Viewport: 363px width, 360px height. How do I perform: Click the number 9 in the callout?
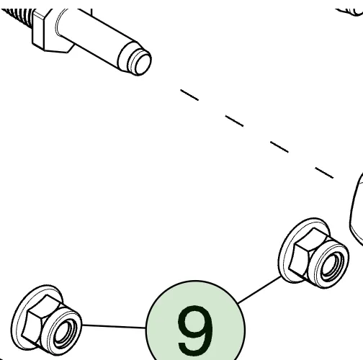(x=195, y=330)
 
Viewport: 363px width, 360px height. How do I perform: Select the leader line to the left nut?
(x=114, y=326)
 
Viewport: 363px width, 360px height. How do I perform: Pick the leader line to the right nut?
(x=259, y=289)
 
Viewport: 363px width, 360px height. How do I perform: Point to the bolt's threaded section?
(x=17, y=16)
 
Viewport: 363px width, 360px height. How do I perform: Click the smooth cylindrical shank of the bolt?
(x=95, y=38)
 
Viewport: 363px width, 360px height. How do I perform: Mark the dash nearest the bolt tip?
(x=189, y=95)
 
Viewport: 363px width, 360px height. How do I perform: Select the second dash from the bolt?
(x=234, y=121)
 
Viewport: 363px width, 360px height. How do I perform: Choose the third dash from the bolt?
(x=279, y=147)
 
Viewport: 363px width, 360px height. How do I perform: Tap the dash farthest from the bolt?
(x=324, y=173)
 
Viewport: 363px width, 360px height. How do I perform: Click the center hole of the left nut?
(x=64, y=333)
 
